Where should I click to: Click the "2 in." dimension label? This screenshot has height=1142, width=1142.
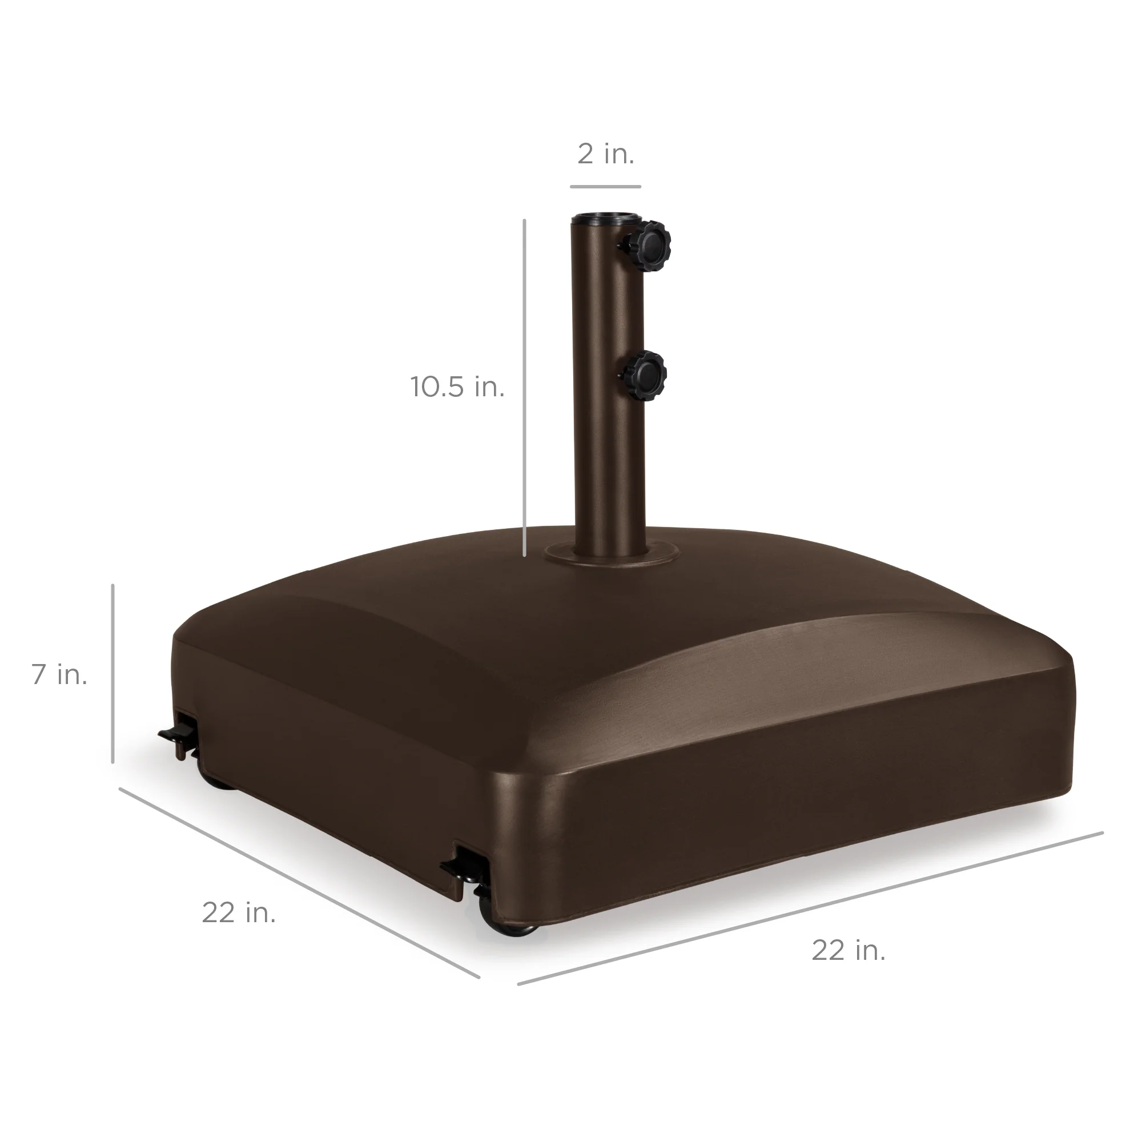point(605,154)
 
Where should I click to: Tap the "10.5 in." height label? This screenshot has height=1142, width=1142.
point(457,387)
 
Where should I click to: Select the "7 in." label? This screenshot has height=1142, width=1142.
point(60,674)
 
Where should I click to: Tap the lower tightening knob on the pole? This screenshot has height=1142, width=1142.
point(645,376)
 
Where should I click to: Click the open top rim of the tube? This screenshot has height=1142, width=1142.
point(605,219)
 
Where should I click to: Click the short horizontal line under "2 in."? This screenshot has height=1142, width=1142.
point(605,187)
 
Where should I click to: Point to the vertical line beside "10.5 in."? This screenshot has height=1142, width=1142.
point(524,387)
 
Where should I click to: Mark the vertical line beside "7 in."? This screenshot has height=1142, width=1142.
point(112,674)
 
